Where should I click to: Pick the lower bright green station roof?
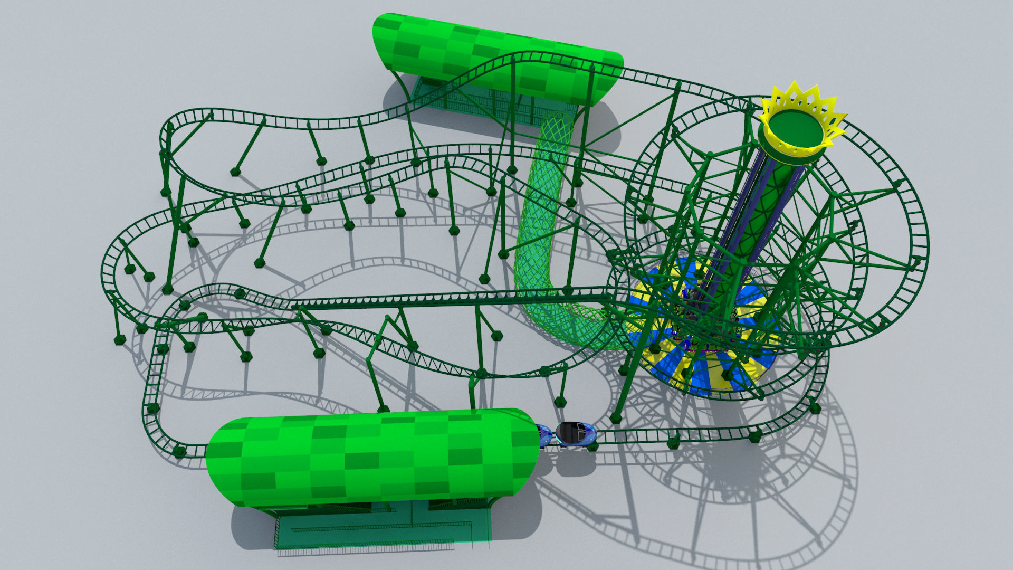[369, 457]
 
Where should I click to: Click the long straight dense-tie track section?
[448, 300]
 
